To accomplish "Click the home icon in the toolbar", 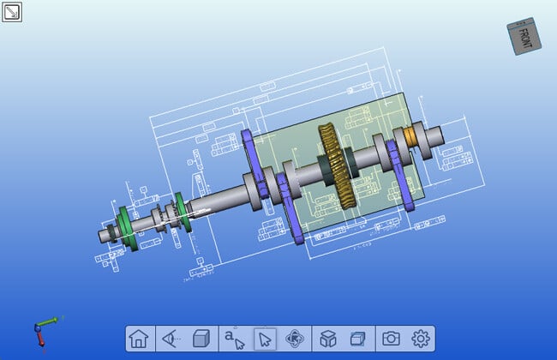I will (x=138, y=339).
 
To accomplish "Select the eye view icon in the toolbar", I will (x=170, y=339).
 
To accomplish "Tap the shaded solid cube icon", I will (x=201, y=339).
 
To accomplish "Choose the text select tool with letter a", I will (x=234, y=339).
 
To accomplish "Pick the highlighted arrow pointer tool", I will (x=266, y=339).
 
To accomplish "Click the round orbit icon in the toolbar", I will (x=295, y=339).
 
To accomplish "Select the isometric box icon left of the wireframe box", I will (x=327, y=339).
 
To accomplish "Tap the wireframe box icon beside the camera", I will (x=357, y=339).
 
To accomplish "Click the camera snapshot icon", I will (x=391, y=339).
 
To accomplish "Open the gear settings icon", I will (x=420, y=339).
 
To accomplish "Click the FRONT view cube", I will (x=524, y=38).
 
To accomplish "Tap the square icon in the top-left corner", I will (x=12, y=12).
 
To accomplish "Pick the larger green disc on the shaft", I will (x=124, y=229).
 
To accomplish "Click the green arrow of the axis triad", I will (x=51, y=321).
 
